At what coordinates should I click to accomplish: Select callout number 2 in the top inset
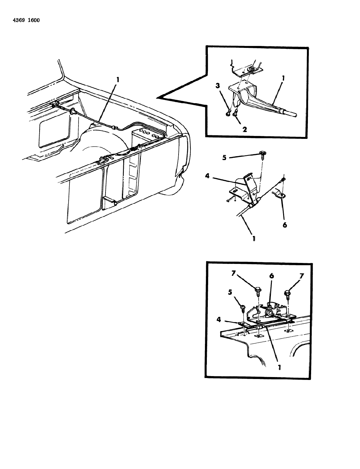coord(244,129)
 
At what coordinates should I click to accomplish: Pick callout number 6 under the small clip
coord(284,225)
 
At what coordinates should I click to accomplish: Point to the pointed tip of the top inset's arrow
coord(157,97)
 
